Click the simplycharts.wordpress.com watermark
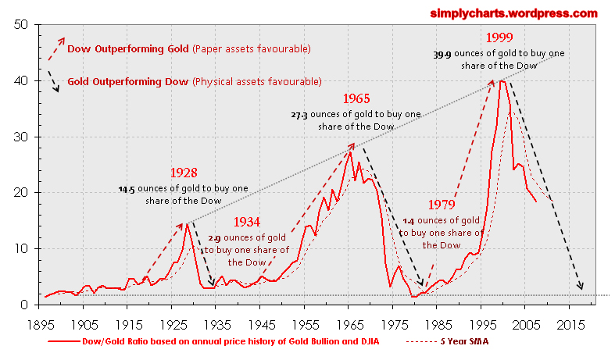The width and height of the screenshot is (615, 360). pos(513,13)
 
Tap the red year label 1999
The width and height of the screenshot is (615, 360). pos(499,37)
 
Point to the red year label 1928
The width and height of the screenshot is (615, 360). pos(183,173)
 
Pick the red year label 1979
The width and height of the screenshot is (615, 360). pos(442,205)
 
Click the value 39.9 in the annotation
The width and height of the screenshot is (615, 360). pos(442,55)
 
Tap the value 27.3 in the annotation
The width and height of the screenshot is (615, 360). pos(299,115)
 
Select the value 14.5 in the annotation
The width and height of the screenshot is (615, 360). pos(127,189)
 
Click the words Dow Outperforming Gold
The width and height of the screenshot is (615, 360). pos(128,49)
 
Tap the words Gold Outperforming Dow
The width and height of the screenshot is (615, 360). pos(128,80)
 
